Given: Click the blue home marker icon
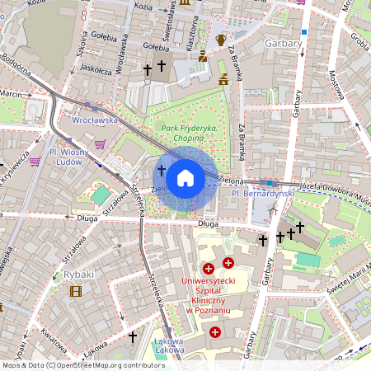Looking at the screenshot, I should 185,178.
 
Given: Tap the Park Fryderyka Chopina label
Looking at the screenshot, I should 189,134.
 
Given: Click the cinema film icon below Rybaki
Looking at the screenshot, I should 76,290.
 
